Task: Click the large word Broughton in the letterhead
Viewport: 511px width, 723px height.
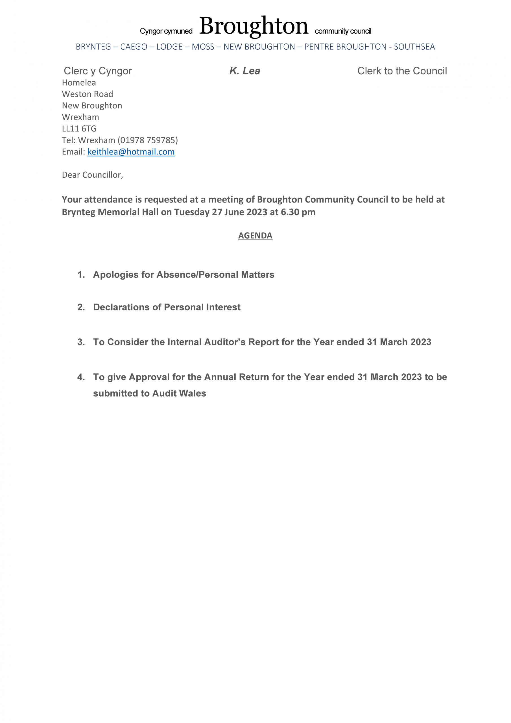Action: pos(254,26)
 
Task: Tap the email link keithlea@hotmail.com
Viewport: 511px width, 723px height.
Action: pos(131,152)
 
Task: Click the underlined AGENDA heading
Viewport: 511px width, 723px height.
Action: pos(255,236)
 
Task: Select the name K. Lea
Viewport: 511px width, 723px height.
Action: pos(245,71)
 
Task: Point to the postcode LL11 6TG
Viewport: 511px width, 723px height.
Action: pos(79,129)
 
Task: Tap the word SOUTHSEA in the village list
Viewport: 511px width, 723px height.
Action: pos(414,47)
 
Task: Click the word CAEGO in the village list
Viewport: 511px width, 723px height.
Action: pos(134,47)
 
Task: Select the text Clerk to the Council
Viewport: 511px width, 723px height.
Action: pos(402,71)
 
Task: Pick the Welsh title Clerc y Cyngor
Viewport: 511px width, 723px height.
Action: pos(98,71)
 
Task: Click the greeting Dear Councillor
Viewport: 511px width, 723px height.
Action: pos(92,175)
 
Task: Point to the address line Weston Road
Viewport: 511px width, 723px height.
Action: pos(87,94)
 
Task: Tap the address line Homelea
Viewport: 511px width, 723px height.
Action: pos(79,82)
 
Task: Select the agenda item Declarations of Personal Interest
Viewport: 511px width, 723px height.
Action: pos(167,307)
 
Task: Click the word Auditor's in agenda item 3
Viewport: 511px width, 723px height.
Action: pos(224,342)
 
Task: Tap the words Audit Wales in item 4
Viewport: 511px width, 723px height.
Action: pos(179,393)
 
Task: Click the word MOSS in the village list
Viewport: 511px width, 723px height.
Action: pos(203,47)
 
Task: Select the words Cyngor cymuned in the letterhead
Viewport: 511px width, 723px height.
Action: pos(166,31)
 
